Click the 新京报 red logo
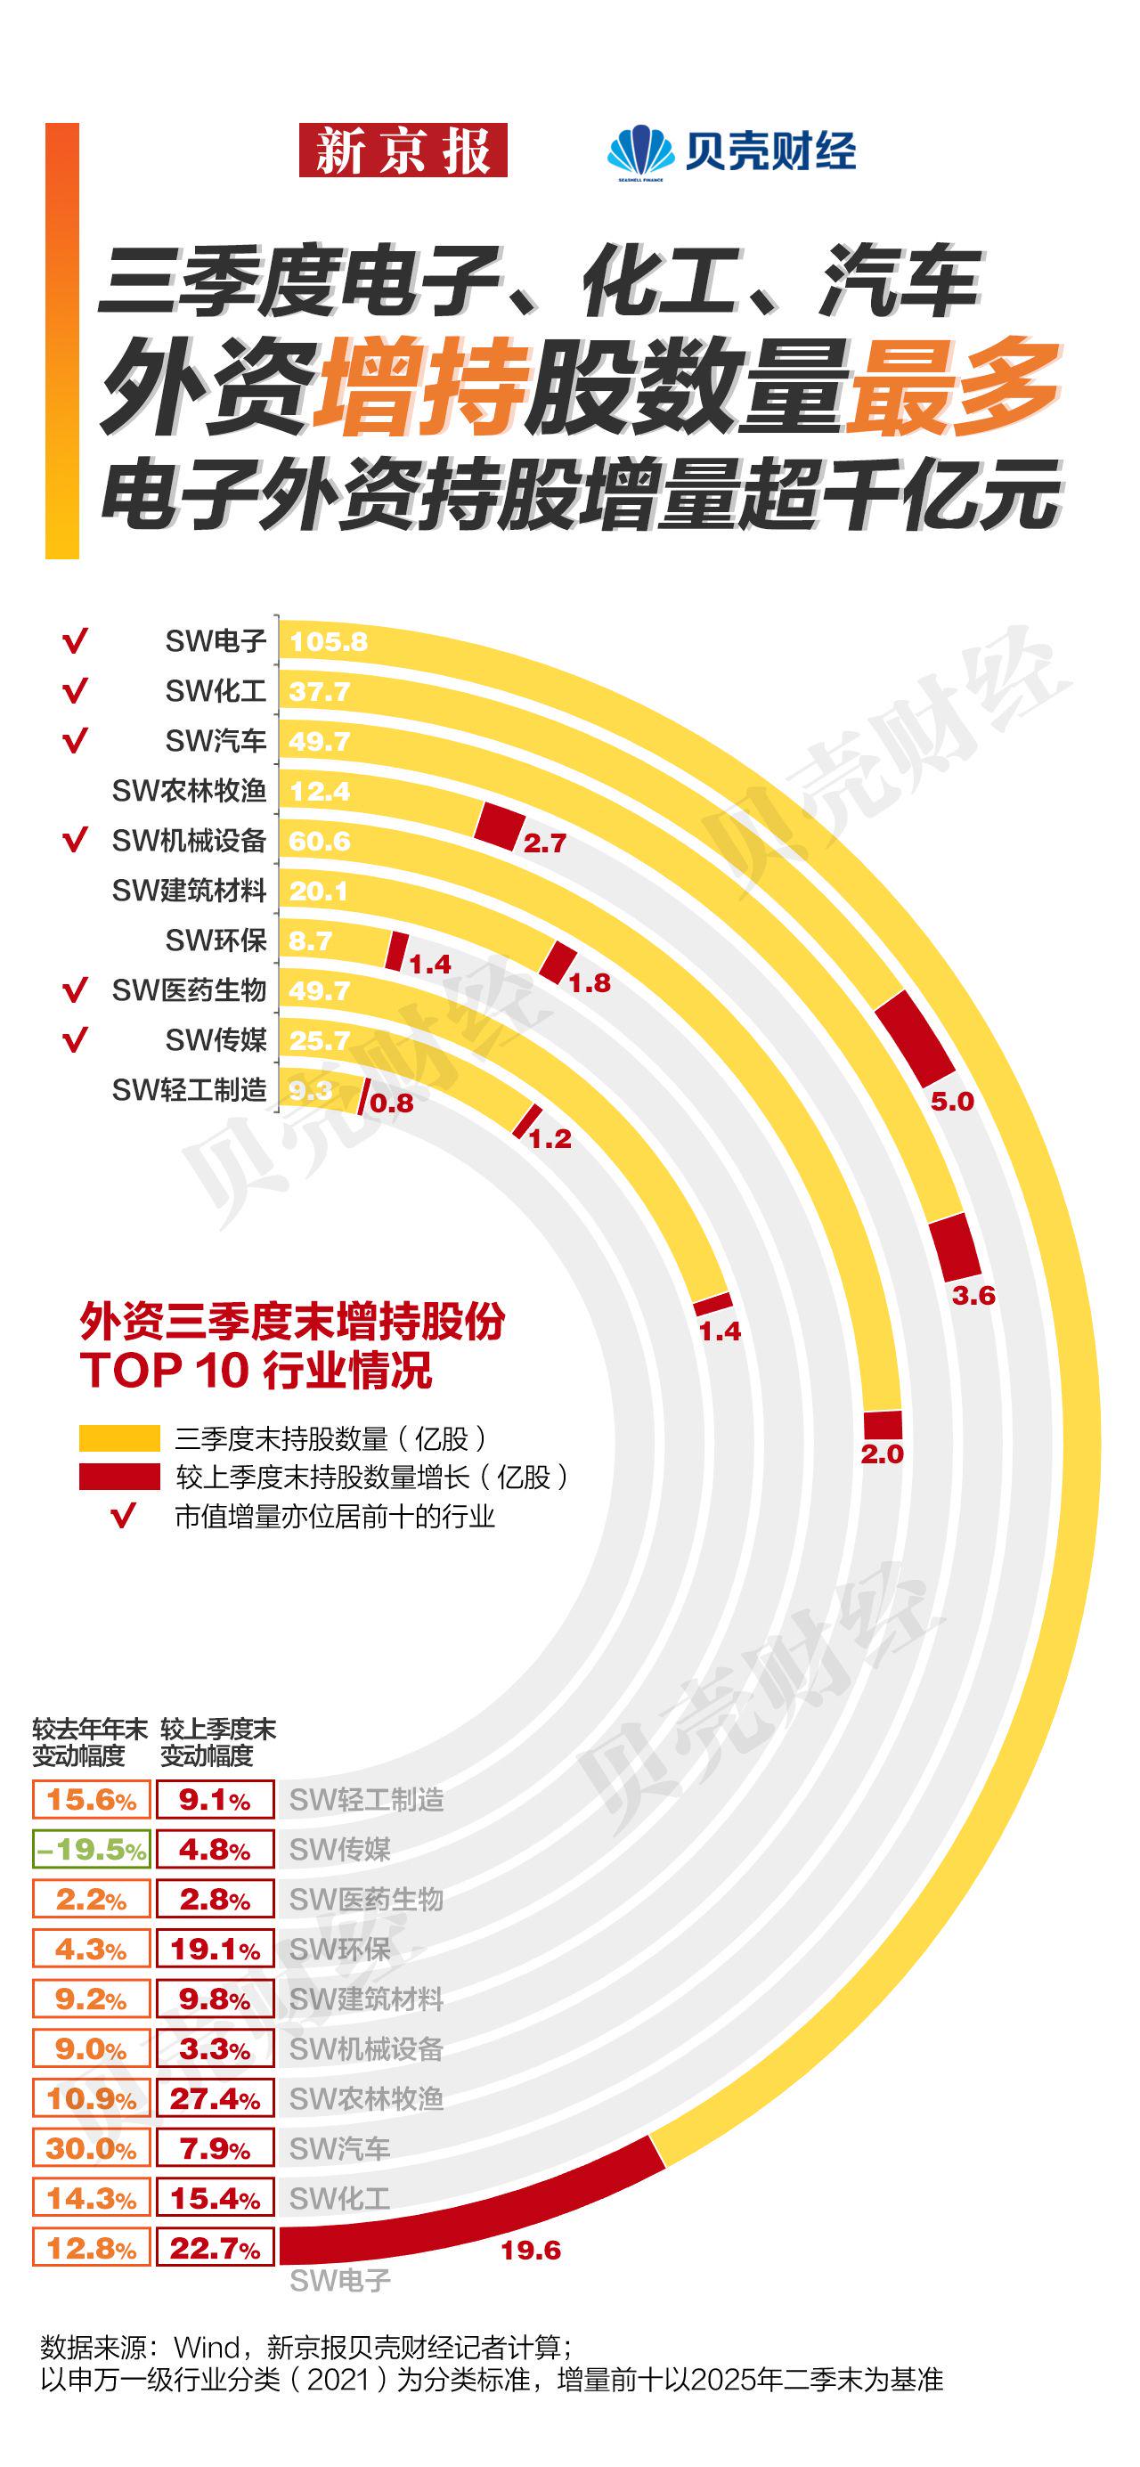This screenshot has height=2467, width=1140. click(x=403, y=151)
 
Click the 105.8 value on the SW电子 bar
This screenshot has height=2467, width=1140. click(x=329, y=641)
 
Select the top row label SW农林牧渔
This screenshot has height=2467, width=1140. click(x=189, y=791)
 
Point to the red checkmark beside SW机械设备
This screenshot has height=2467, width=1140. click(x=75, y=841)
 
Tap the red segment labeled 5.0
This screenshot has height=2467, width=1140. click(x=915, y=1038)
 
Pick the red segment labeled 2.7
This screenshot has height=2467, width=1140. click(x=500, y=825)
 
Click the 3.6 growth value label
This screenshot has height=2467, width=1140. click(x=973, y=1296)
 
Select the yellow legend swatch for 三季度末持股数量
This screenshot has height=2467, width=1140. click(x=118, y=1438)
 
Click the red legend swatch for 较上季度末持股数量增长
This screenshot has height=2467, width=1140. click(x=118, y=1477)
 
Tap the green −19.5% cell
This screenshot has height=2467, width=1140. click(x=91, y=1849)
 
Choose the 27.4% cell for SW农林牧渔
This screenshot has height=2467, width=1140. click(x=215, y=2098)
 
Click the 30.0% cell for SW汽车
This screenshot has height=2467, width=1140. click(x=91, y=2148)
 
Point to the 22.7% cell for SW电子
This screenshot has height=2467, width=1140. click(x=215, y=2248)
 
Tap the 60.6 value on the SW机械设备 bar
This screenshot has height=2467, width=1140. click(x=320, y=842)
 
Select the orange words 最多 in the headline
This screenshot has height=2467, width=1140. click(x=953, y=386)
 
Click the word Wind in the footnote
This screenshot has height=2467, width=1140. click(x=207, y=2348)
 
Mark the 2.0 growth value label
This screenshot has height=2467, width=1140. click(x=882, y=1453)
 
